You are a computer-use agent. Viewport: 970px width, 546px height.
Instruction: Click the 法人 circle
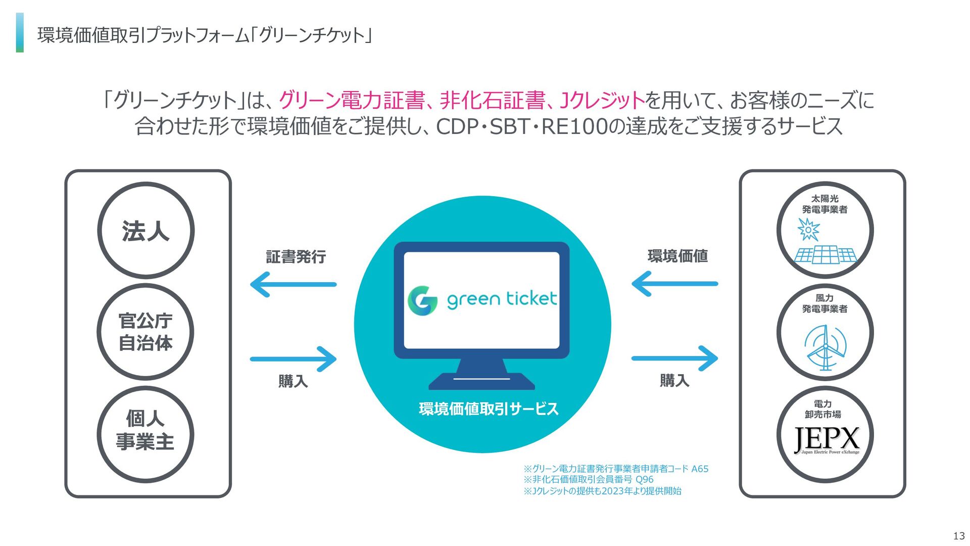145,231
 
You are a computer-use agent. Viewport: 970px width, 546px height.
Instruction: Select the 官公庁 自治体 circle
145,332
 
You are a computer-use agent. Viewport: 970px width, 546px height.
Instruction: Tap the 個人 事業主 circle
145,434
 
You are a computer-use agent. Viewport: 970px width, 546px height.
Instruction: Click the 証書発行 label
296,257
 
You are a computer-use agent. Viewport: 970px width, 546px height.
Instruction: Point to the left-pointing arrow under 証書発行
293,284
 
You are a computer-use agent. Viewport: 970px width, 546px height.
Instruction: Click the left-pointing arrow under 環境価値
674,284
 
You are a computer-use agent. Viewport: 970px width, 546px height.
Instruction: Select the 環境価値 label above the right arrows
677,256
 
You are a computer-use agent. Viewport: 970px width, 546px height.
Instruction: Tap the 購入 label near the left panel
293,381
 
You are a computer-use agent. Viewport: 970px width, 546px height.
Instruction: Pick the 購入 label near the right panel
674,380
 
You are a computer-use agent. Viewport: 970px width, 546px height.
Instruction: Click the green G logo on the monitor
422,300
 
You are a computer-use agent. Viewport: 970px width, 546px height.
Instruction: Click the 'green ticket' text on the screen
502,299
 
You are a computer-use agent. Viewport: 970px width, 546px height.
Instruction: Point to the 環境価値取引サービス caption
489,408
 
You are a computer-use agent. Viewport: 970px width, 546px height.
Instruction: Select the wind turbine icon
825,348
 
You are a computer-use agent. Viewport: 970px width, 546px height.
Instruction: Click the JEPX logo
827,440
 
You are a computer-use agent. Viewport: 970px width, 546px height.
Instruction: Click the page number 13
958,536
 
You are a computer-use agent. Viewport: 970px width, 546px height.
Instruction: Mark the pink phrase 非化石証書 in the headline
493,100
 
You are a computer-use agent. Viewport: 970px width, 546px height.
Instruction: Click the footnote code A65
700,469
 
